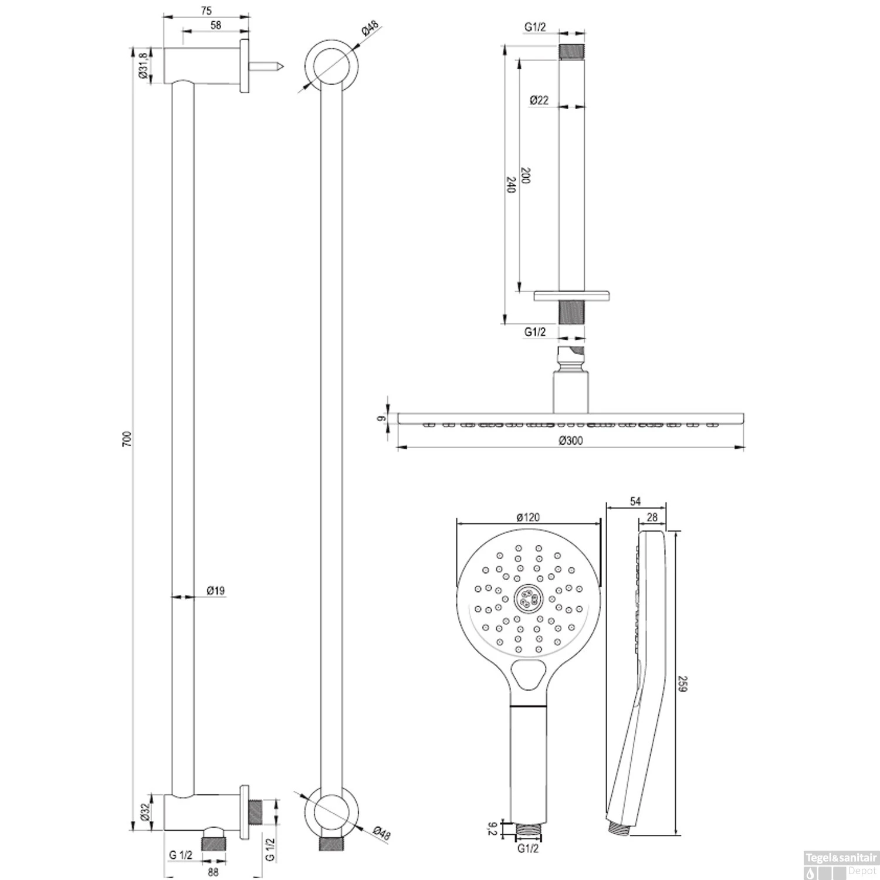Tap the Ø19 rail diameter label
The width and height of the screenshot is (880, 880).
(x=216, y=591)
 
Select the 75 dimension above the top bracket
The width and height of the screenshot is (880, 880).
(x=205, y=11)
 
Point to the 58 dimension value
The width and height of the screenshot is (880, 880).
(x=216, y=25)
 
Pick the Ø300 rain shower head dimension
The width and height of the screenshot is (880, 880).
(x=570, y=441)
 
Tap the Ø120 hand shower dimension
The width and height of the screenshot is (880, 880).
(x=528, y=517)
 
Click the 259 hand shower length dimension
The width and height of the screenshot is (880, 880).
(x=682, y=683)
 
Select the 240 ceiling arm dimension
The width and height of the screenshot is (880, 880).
(x=510, y=185)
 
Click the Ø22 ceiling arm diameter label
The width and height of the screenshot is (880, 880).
(x=539, y=100)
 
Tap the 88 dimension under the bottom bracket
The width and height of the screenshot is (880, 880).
(x=213, y=872)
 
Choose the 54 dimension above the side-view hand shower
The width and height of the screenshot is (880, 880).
(x=635, y=501)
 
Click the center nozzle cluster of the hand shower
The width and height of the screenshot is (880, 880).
(x=529, y=598)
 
